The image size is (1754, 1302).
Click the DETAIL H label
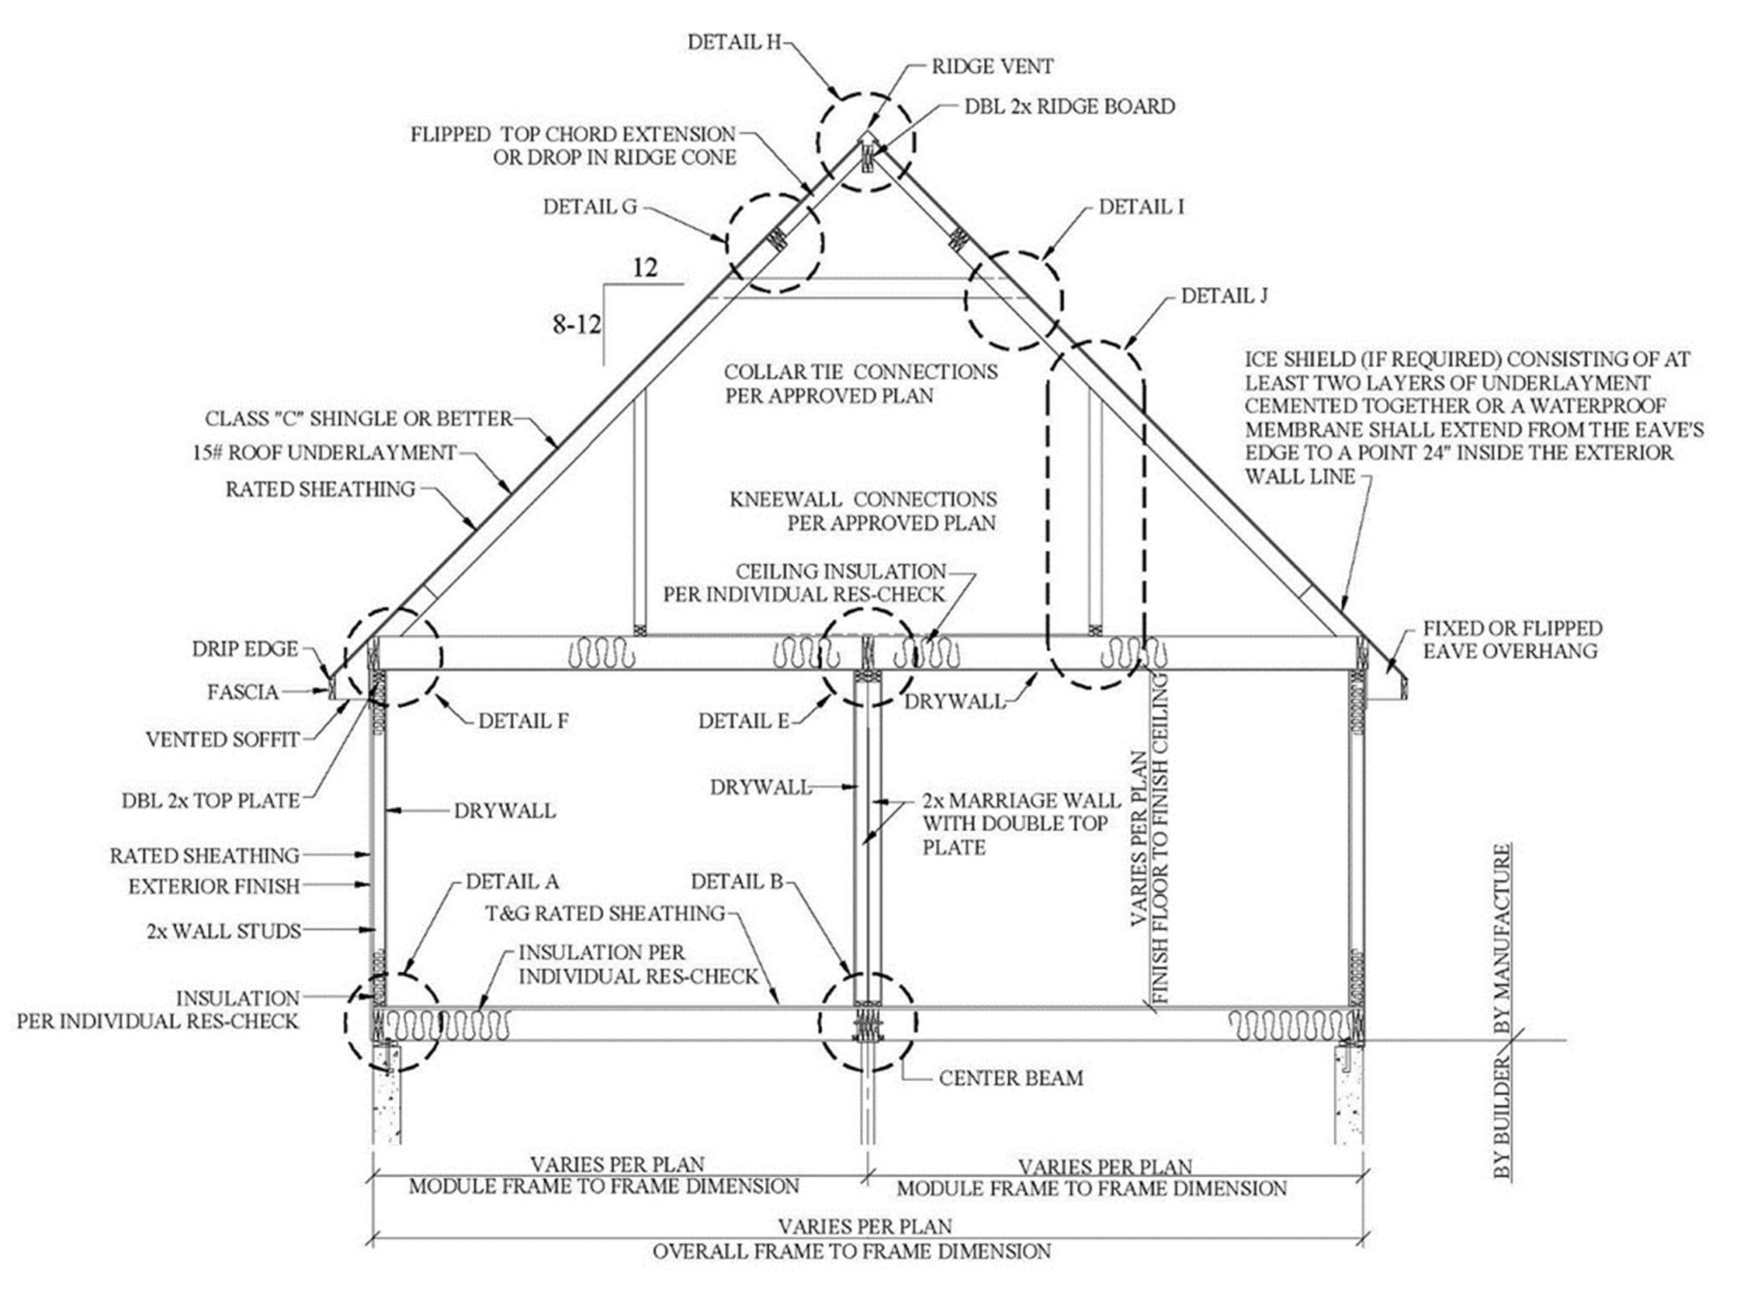[x=733, y=43]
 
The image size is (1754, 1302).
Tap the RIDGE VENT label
[x=992, y=67]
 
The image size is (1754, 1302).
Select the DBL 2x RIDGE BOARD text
[x=1069, y=106]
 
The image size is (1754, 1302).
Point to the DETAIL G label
[x=590, y=207]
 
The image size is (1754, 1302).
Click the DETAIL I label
[x=1141, y=207]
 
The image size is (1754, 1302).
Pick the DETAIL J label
[x=1223, y=296]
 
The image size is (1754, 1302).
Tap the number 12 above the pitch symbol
[x=645, y=268]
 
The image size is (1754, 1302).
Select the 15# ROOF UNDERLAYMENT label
[x=324, y=453]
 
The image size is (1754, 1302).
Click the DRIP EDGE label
[x=245, y=649]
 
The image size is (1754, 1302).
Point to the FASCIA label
[x=243, y=692]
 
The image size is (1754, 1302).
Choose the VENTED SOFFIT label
[x=222, y=739]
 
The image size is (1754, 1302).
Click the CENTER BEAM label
[x=1010, y=1079]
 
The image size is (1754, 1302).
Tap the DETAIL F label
[x=522, y=721]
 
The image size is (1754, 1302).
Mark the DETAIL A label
[x=511, y=881]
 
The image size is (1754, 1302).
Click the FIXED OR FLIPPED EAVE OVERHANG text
[x=1512, y=639]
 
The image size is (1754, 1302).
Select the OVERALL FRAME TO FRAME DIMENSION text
[x=851, y=1251]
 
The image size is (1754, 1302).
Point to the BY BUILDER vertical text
[x=1503, y=1120]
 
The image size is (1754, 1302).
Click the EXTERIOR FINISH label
[x=213, y=887]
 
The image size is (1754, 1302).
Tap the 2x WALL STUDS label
[x=223, y=931]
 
